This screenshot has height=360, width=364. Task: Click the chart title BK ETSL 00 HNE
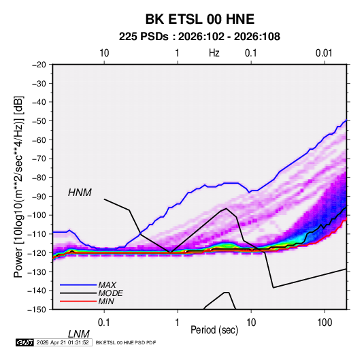point(200,19)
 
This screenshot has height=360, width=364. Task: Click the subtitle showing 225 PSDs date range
point(199,37)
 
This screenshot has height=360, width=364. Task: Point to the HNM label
point(80,193)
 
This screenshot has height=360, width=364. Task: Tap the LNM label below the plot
point(79,334)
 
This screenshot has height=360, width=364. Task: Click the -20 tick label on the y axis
point(39,65)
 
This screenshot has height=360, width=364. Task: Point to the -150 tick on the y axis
point(37,310)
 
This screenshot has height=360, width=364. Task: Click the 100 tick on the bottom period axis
point(325,323)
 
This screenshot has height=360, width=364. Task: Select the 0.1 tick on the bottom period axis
point(104,323)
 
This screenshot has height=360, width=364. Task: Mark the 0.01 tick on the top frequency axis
point(324,53)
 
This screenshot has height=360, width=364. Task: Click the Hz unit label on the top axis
point(214,53)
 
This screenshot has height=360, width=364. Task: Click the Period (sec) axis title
point(214,330)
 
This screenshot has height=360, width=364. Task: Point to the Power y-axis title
point(18,186)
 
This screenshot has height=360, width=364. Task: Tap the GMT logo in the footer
point(25,342)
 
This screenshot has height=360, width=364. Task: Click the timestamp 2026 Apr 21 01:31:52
point(63,342)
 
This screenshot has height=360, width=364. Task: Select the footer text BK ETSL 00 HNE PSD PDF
point(126,342)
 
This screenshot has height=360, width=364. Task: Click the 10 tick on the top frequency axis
point(104,53)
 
